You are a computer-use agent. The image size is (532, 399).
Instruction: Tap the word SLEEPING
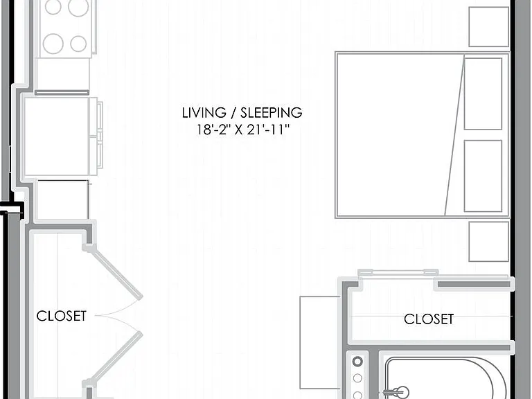coord(272,113)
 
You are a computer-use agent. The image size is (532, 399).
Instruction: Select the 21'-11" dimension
coord(268,130)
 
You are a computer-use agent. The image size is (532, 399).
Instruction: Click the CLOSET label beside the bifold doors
coord(62,316)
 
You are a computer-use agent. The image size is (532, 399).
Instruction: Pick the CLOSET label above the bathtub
coord(429,319)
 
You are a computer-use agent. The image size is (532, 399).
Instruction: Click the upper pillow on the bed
coord(483,94)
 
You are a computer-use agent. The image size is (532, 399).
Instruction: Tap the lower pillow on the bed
coord(483,176)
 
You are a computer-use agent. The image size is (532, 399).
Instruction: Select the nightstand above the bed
coord(489,26)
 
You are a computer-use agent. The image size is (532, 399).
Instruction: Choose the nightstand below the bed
coord(489,242)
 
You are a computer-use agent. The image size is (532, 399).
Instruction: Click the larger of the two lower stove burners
coord(53,44)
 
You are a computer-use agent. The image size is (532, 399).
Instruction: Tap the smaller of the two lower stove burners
coord(78,44)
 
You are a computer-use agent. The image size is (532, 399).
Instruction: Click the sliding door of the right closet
coord(398,272)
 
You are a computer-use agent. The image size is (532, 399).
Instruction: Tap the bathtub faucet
coord(397,392)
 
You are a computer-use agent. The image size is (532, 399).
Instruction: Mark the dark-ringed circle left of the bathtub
coord(357,362)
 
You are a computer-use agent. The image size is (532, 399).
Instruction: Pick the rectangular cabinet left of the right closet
coord(320,342)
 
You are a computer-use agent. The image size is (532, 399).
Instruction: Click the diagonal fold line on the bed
coord(454,135)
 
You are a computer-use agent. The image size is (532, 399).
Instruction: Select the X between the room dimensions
coord(239,130)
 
